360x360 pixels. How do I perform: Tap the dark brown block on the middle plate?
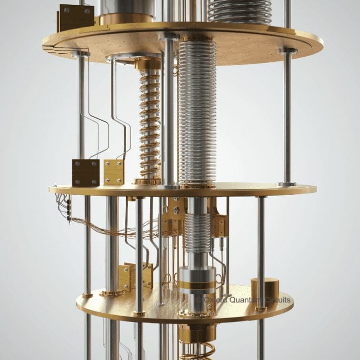[x=86, y=172]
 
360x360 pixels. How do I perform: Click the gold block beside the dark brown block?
[x=114, y=171]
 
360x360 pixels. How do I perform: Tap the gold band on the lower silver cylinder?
[x=197, y=285]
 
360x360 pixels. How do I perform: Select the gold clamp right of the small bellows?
[x=220, y=224]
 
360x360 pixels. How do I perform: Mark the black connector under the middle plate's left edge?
[x=69, y=210]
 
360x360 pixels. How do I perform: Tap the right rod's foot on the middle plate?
[x=287, y=184]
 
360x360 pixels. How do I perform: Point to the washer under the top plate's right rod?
[x=288, y=50]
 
